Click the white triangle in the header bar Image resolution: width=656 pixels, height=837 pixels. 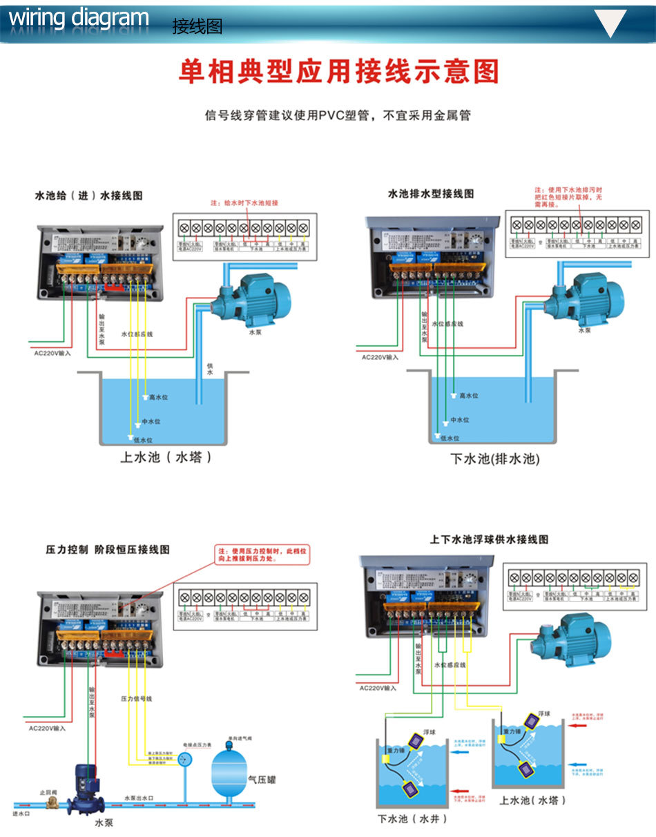coord(610,23)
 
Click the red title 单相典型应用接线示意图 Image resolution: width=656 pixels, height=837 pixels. coord(338,72)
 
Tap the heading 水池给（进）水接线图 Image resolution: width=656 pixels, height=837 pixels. coord(88,196)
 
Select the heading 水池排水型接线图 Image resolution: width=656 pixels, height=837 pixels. coord(430,194)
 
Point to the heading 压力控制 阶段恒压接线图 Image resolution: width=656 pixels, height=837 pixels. coord(107,550)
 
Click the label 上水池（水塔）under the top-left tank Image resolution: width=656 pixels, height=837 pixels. coord(166,457)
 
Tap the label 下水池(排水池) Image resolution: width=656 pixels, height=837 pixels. coord(494,459)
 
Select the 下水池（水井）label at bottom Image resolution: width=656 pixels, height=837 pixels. coord(412,819)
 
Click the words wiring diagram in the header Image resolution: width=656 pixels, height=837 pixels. coord(79,19)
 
